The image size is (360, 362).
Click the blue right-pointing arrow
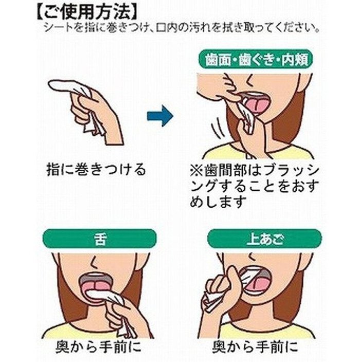point(160,116)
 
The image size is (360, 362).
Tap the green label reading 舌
point(100,239)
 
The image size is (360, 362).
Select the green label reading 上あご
point(264,239)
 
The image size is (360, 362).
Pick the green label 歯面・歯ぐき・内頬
point(256,59)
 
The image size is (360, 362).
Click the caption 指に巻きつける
point(96,169)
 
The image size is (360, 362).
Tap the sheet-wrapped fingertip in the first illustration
point(61,86)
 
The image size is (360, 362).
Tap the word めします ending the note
point(218,202)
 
